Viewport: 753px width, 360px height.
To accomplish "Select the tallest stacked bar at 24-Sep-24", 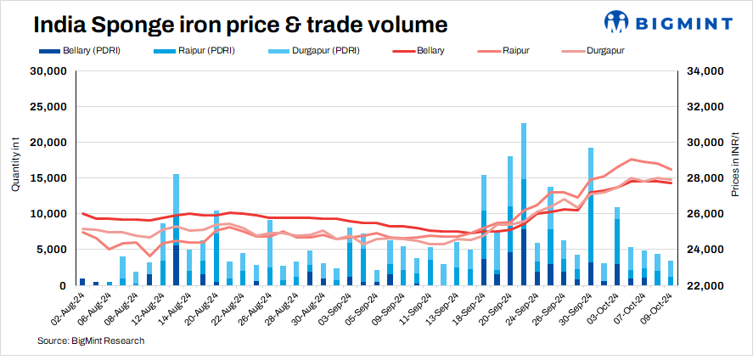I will click(x=524, y=205).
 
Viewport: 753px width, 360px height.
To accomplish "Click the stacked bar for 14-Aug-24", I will click(x=176, y=230).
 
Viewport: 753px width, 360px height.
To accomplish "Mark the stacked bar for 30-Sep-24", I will click(x=591, y=217).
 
